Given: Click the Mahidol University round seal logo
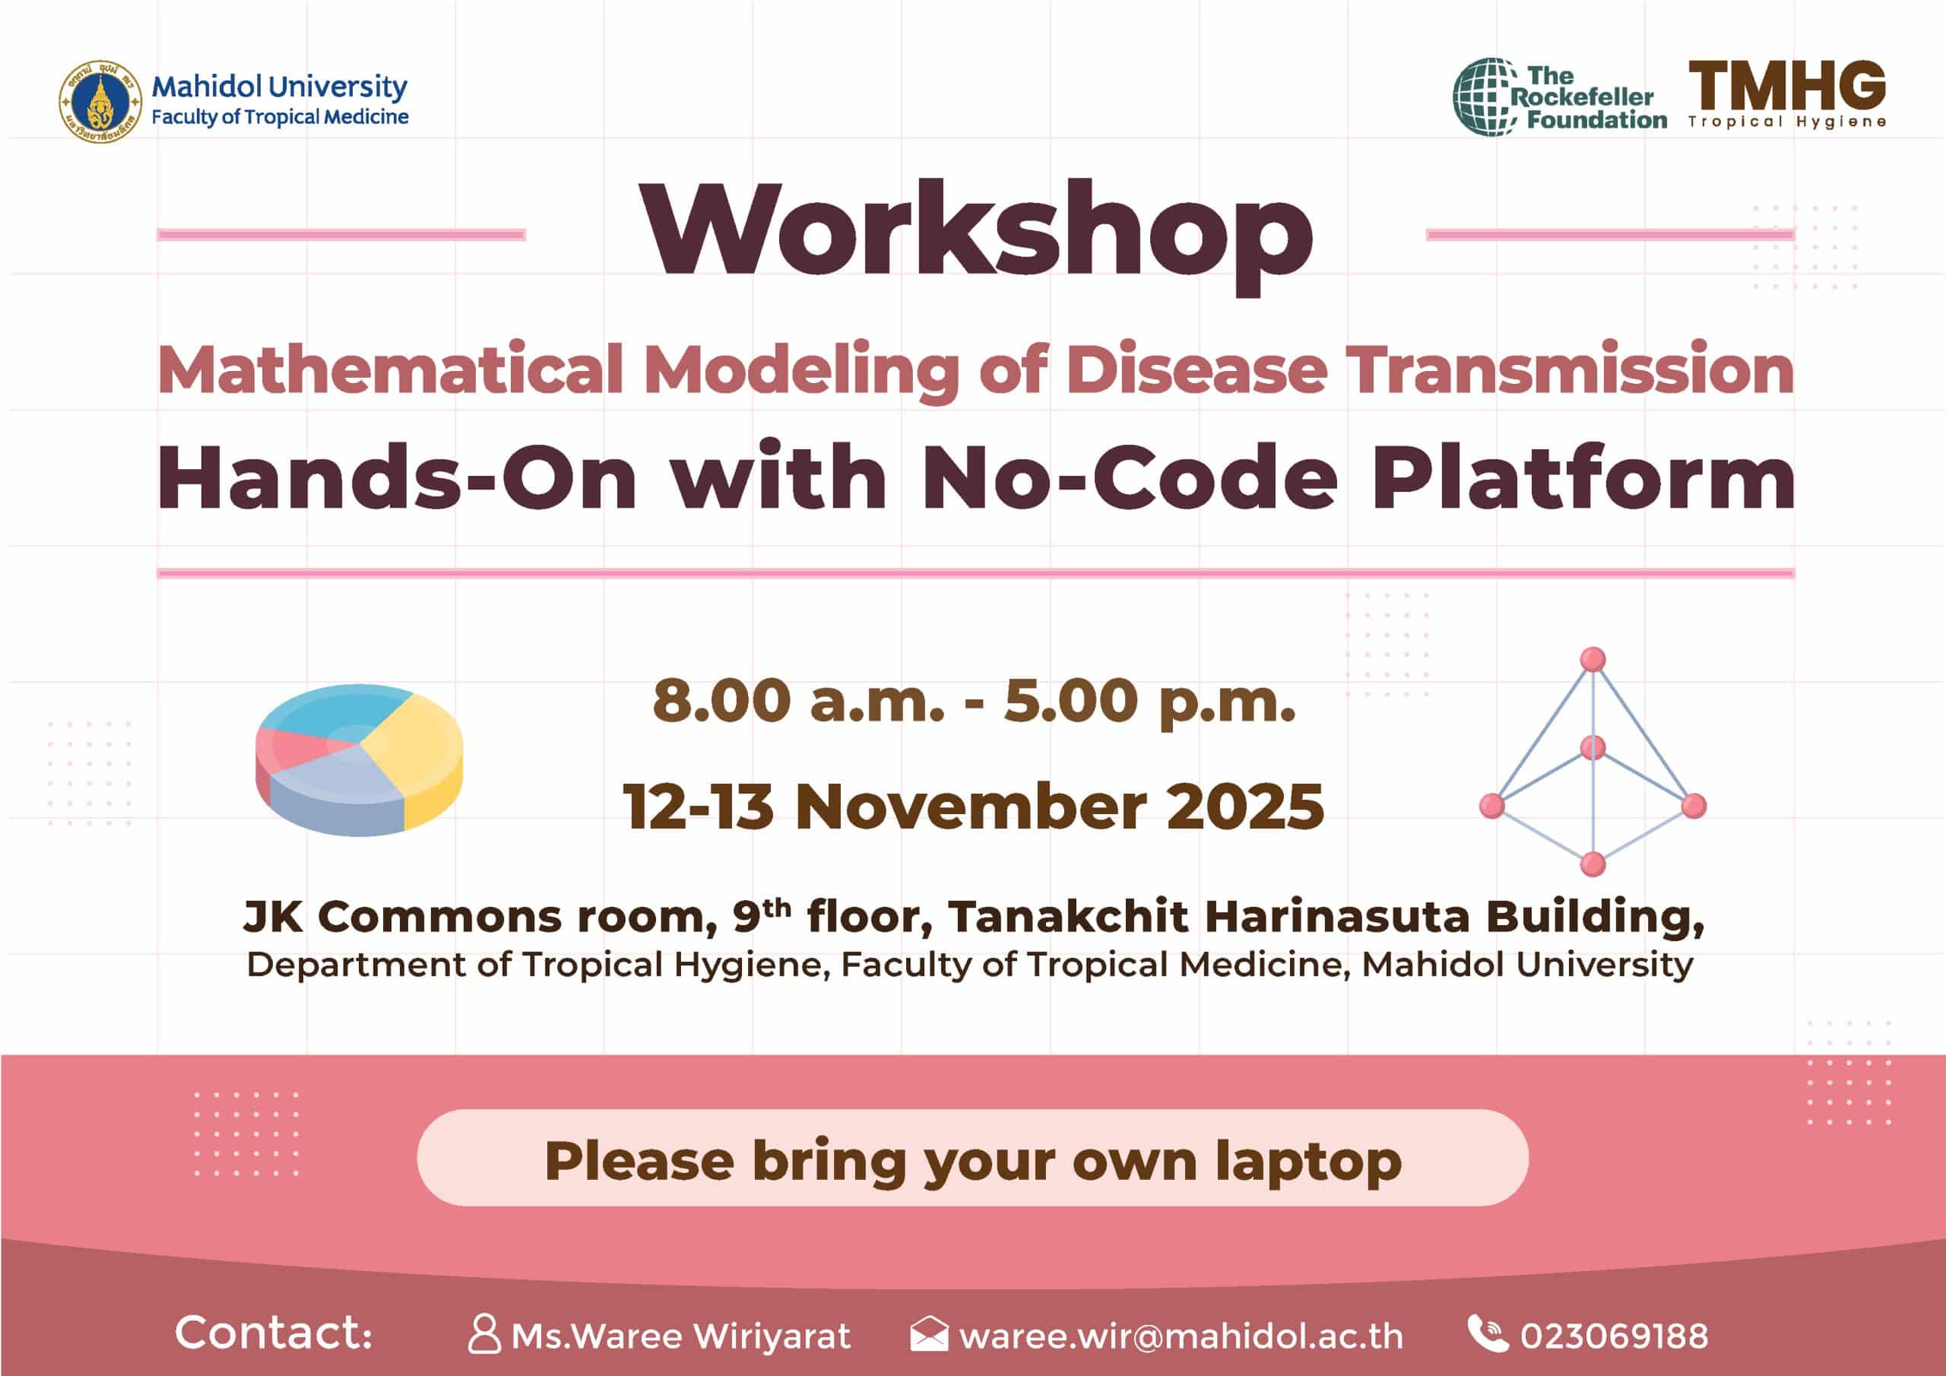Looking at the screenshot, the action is coord(100,101).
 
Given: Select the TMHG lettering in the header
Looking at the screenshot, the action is coord(1786,85).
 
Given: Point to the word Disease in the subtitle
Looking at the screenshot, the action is coord(1196,370).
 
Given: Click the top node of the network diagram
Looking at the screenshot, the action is coord(1593,659).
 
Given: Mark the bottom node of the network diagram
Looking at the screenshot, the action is coord(1593,864).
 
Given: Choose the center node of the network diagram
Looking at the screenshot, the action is coord(1593,748).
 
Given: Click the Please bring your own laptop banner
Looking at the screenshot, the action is coord(973,1158).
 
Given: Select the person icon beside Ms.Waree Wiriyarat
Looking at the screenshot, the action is coord(484,1334).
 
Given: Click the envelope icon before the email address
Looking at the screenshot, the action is coord(929,1333).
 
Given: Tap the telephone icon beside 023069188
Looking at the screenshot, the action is coord(1488,1333).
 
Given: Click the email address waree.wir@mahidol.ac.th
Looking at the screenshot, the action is coord(1181,1336).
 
